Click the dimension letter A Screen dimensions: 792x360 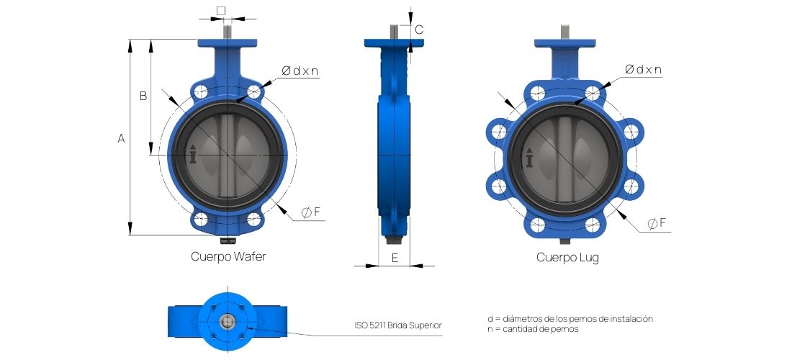pyautogui.click(x=121, y=138)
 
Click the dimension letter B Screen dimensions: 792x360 pyautogui.click(x=143, y=96)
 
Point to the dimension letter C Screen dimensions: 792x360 pyautogui.click(x=419, y=30)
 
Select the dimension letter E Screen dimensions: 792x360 pyautogui.click(x=395, y=258)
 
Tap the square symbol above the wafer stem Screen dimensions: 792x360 pyautogui.click(x=221, y=10)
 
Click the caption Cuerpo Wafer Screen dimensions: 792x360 pyautogui.click(x=228, y=256)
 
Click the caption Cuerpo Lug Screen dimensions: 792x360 pyautogui.click(x=568, y=258)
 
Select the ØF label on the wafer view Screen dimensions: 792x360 pyautogui.click(x=310, y=212)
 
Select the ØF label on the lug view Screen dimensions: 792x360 pyautogui.click(x=657, y=223)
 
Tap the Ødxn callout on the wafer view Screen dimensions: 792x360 pyautogui.click(x=300, y=71)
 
